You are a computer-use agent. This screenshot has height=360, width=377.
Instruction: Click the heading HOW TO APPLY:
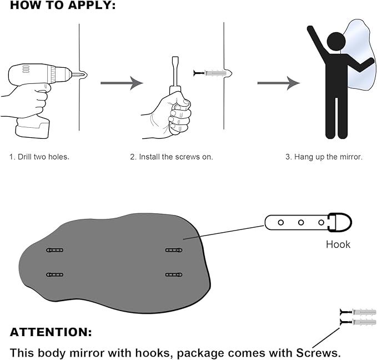(x=63, y=6)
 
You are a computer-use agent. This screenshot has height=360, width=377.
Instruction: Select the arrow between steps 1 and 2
(x=122, y=83)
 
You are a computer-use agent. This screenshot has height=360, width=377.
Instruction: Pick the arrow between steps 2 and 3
(x=278, y=83)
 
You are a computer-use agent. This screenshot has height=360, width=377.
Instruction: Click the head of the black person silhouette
(x=336, y=41)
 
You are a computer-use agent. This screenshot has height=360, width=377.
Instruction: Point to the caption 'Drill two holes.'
(x=39, y=157)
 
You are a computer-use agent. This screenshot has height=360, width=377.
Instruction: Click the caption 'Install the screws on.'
(x=172, y=157)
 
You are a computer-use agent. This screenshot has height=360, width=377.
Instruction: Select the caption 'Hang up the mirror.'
(x=324, y=157)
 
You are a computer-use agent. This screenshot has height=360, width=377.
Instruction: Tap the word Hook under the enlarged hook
(x=338, y=244)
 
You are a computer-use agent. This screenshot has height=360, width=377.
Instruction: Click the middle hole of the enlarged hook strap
(x=301, y=222)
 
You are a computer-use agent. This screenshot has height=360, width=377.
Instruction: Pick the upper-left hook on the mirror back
(x=54, y=251)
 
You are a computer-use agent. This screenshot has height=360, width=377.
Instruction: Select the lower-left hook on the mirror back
(x=54, y=274)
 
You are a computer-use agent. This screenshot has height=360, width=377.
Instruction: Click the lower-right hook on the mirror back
(x=174, y=274)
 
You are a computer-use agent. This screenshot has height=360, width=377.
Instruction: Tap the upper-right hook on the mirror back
(x=174, y=251)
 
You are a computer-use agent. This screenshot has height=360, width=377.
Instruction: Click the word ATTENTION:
(x=51, y=333)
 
